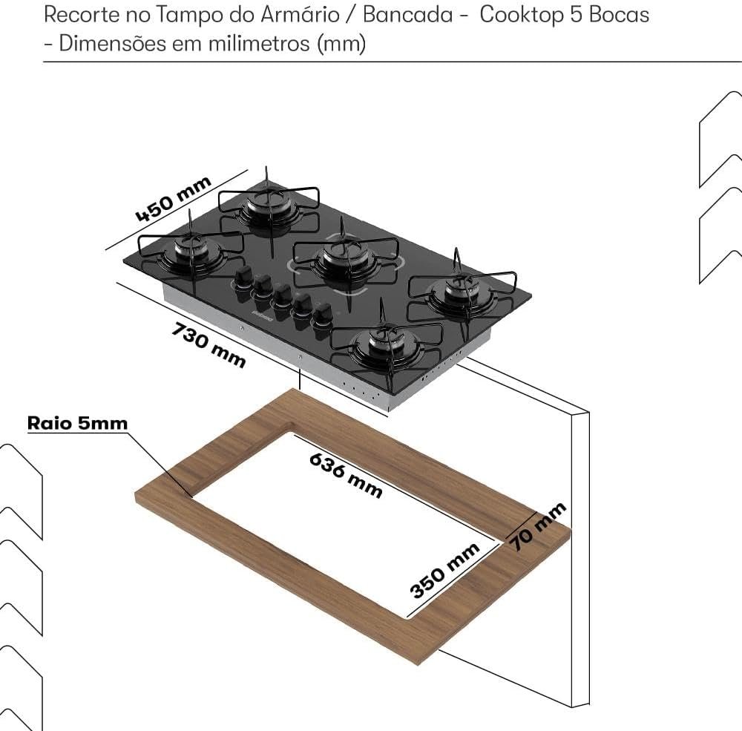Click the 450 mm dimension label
pos(174,199)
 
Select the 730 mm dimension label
pos(209,344)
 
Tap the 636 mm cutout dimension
pos(346,475)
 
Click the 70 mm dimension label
pos(537,525)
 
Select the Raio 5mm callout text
pos(77,423)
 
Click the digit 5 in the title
pos(576,15)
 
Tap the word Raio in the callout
pos(49,423)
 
